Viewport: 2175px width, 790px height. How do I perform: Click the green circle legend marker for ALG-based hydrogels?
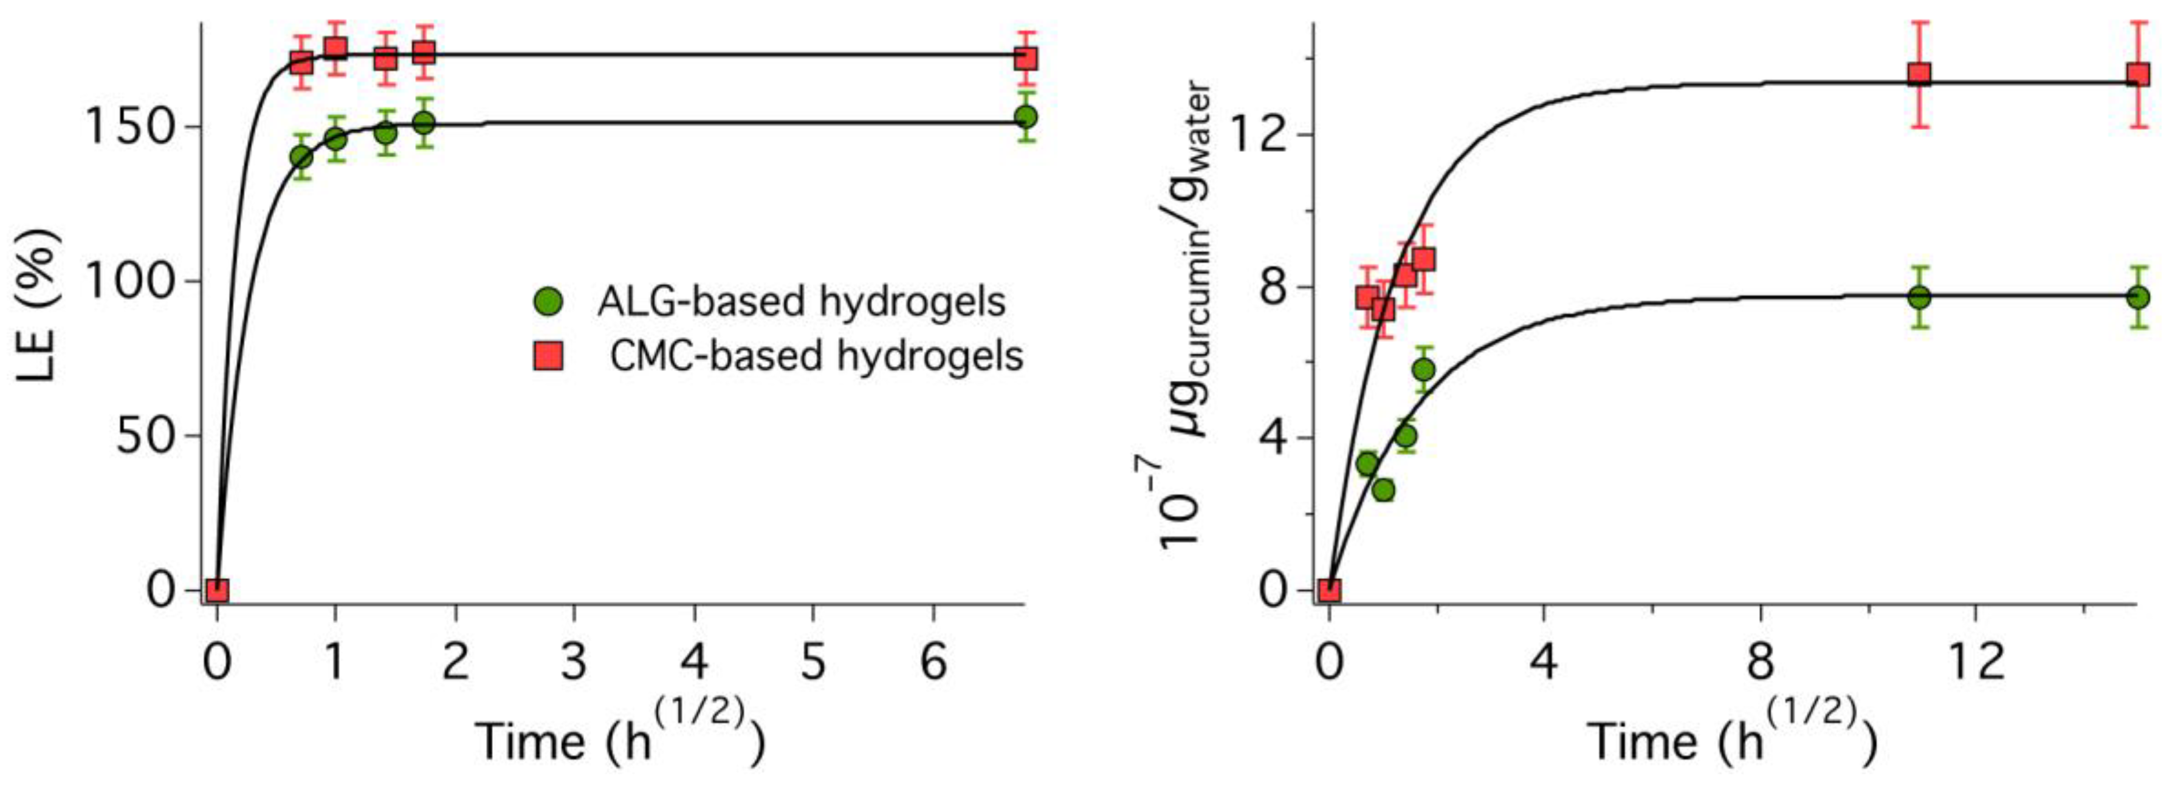coord(548,301)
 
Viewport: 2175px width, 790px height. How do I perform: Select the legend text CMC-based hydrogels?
coord(816,356)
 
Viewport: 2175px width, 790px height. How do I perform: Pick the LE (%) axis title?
coord(38,305)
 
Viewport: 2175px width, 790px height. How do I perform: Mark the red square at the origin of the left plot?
coord(218,590)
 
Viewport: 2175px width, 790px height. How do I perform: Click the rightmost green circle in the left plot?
coord(1026,117)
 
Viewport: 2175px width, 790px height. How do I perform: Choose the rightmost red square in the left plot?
coord(1026,58)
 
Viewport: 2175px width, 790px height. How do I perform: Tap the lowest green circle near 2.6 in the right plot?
coord(1383,489)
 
